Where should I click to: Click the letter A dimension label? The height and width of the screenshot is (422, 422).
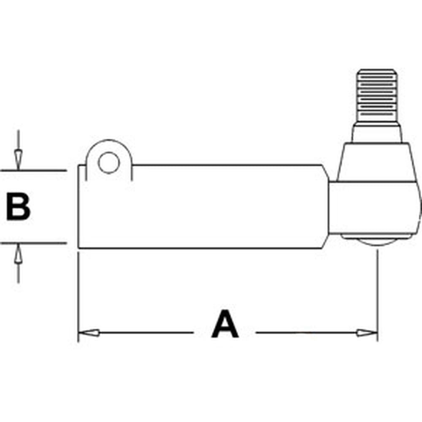click(x=225, y=324)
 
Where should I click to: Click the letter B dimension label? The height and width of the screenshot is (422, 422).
click(x=18, y=206)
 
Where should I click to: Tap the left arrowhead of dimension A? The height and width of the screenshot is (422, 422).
click(x=89, y=333)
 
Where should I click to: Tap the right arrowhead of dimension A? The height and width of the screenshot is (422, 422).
click(x=367, y=333)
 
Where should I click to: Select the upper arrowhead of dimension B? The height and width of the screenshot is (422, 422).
click(x=18, y=160)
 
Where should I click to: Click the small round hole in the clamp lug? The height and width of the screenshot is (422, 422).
click(x=109, y=163)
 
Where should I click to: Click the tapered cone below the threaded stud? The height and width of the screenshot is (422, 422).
click(x=376, y=162)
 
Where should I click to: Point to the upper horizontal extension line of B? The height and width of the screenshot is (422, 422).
click(x=33, y=170)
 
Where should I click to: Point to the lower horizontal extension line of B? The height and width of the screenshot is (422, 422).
click(x=33, y=243)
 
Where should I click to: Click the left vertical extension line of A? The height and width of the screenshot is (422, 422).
click(x=78, y=296)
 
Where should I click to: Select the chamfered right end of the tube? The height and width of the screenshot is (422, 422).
click(x=325, y=206)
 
